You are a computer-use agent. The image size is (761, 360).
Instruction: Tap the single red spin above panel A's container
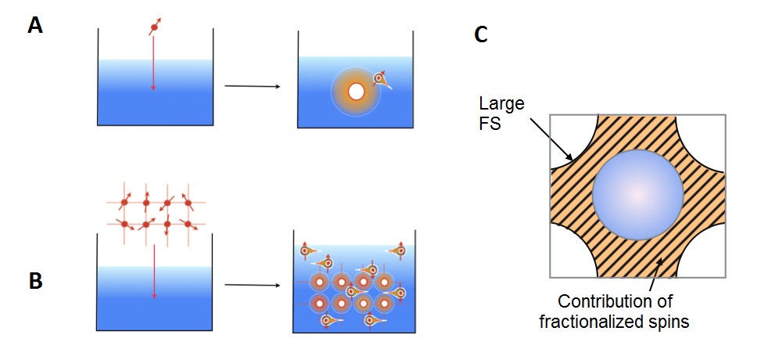click(x=154, y=29)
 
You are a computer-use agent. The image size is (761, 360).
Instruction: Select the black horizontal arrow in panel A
click(x=252, y=86)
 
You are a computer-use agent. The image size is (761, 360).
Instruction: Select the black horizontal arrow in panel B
click(x=252, y=285)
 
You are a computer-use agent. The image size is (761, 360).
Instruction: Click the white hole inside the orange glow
click(x=356, y=92)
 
